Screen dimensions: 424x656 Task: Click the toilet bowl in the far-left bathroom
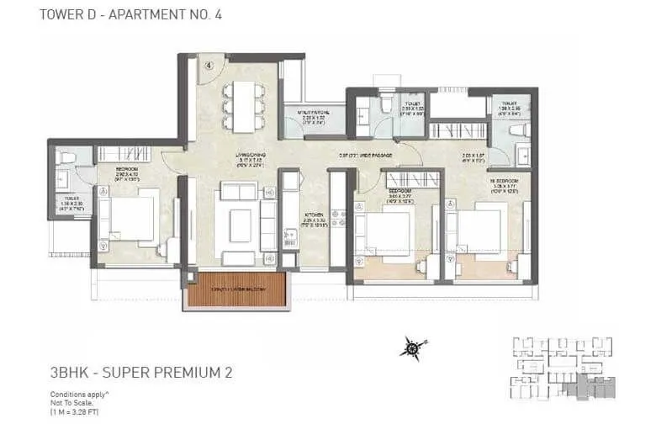[66, 157]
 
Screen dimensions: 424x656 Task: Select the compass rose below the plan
[411, 345]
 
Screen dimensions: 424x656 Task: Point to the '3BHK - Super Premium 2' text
[130, 371]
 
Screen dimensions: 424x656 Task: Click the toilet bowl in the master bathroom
[519, 130]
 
